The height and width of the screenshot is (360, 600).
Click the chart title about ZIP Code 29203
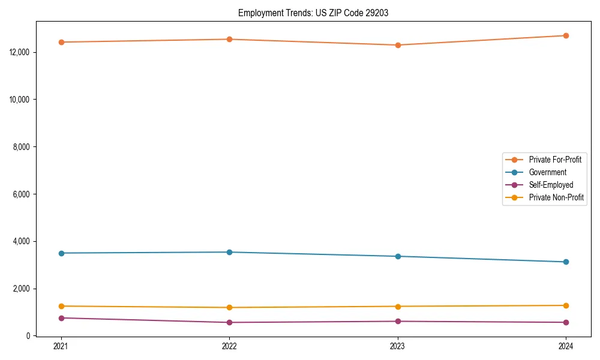[313, 13]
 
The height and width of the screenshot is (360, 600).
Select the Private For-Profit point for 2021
[61, 42]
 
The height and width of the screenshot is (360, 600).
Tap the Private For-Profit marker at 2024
[566, 35]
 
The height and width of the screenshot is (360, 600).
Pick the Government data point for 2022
[229, 252]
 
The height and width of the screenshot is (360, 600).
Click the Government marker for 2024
[566, 262]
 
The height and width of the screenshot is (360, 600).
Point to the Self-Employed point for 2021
[61, 318]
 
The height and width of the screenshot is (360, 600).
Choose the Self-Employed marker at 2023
[398, 321]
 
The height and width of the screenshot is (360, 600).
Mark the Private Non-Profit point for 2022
[229, 307]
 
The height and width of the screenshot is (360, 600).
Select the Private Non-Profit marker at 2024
[566, 305]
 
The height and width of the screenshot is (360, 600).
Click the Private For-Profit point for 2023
[398, 45]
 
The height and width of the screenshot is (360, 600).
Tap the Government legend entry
[547, 172]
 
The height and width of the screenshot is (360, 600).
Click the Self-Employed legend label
[551, 185]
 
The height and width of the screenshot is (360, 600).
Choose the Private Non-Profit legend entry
[556, 197]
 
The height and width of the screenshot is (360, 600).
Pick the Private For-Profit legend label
[554, 160]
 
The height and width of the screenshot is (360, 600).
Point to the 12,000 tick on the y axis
[21, 52]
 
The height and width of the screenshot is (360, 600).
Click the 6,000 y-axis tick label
[23, 194]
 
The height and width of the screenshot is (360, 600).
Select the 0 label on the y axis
[28, 336]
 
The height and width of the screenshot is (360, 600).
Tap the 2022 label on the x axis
[229, 346]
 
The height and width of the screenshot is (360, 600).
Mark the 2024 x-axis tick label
[566, 346]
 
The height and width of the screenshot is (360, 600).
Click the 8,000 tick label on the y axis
[23, 146]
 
